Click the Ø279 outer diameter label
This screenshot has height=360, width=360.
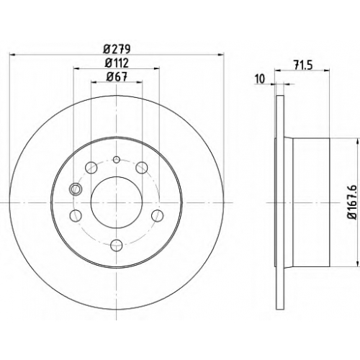coord(117,50)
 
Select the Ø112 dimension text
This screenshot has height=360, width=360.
coord(117,63)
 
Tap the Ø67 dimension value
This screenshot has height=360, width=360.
coord(117,77)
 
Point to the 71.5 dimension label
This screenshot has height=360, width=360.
coord(303,66)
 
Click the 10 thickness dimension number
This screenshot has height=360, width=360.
coord(260,79)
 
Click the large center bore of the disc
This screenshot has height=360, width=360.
coord(117,202)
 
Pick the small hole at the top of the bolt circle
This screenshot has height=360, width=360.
coord(117,159)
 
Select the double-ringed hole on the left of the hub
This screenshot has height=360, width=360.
coord(76,189)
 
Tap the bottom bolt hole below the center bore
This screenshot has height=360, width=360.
coord(117,245)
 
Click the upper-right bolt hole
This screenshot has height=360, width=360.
coord(141,167)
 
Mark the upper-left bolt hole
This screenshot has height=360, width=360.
coord(91,167)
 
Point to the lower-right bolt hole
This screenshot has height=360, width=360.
coord(158,215)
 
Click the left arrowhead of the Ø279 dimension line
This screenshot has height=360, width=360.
coord(12,55)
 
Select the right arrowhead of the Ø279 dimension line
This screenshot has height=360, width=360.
coord(220,55)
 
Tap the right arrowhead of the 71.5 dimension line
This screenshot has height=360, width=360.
coord(327,70)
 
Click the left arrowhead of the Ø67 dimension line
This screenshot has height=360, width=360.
coord(94,82)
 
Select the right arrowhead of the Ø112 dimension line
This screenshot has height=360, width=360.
coord(156,68)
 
